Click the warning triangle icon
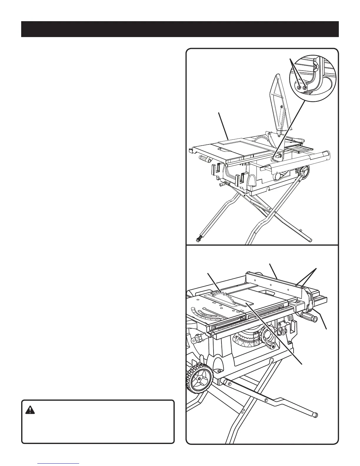pyautogui.click(x=30, y=410)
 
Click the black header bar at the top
pyautogui.click(x=180, y=29)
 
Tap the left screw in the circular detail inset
pyautogui.click(x=299, y=88)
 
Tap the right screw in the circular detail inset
pyautogui.click(x=305, y=88)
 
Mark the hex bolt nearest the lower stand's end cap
pyautogui.click(x=266, y=400)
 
